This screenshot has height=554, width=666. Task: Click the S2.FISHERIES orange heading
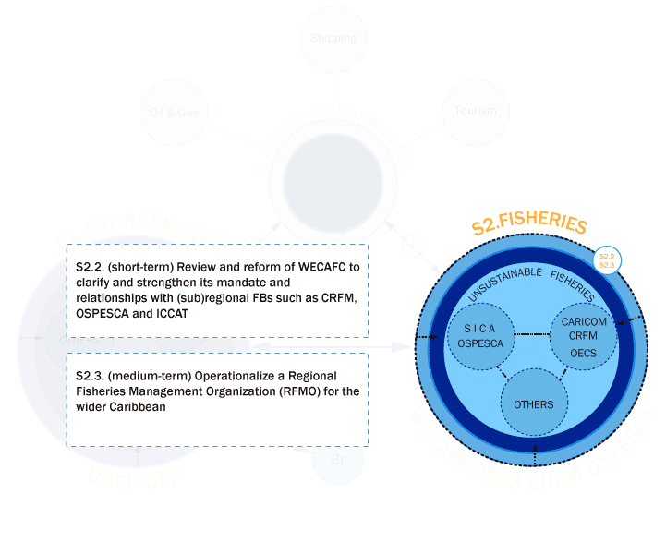click(x=529, y=225)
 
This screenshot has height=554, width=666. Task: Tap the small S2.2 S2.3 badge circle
click(x=606, y=260)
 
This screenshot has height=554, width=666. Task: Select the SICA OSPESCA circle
click(x=479, y=336)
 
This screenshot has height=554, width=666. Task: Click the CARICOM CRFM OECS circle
click(x=583, y=337)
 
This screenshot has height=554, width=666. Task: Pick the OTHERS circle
click(x=533, y=404)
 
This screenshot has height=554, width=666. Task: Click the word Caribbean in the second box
click(x=141, y=406)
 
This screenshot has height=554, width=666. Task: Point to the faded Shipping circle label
click(x=333, y=39)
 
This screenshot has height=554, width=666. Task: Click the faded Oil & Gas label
click(x=174, y=113)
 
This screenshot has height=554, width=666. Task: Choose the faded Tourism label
click(x=476, y=111)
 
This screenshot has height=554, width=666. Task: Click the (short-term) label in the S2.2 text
click(x=143, y=267)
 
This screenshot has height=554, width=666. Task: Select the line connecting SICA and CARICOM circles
click(x=531, y=334)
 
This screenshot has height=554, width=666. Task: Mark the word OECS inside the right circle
click(x=583, y=353)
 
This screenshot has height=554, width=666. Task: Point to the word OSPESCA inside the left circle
click(x=479, y=343)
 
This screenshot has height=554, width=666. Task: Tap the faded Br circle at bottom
click(x=337, y=459)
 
